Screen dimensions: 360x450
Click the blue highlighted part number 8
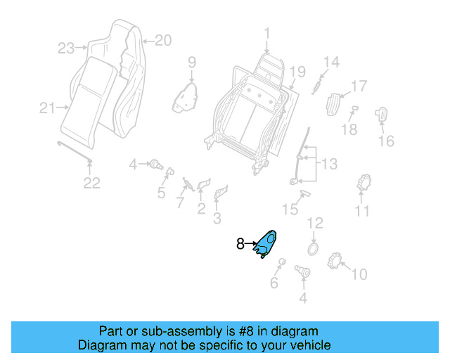point(267,243)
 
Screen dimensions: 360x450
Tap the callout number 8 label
point(240,244)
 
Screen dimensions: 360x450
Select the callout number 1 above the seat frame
point(267,33)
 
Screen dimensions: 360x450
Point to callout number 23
point(66,49)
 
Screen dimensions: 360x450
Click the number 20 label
point(162,41)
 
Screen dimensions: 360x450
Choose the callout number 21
point(47,108)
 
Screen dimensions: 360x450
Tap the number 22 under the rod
point(92,184)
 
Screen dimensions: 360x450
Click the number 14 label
point(330,62)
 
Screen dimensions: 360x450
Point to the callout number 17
point(359,86)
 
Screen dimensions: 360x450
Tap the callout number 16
point(386,141)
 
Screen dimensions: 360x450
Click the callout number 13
point(329,164)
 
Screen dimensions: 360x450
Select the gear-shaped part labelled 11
point(364,183)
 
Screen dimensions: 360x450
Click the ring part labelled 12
point(313,250)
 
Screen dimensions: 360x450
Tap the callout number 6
point(274,283)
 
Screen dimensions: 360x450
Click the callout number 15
point(290,209)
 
